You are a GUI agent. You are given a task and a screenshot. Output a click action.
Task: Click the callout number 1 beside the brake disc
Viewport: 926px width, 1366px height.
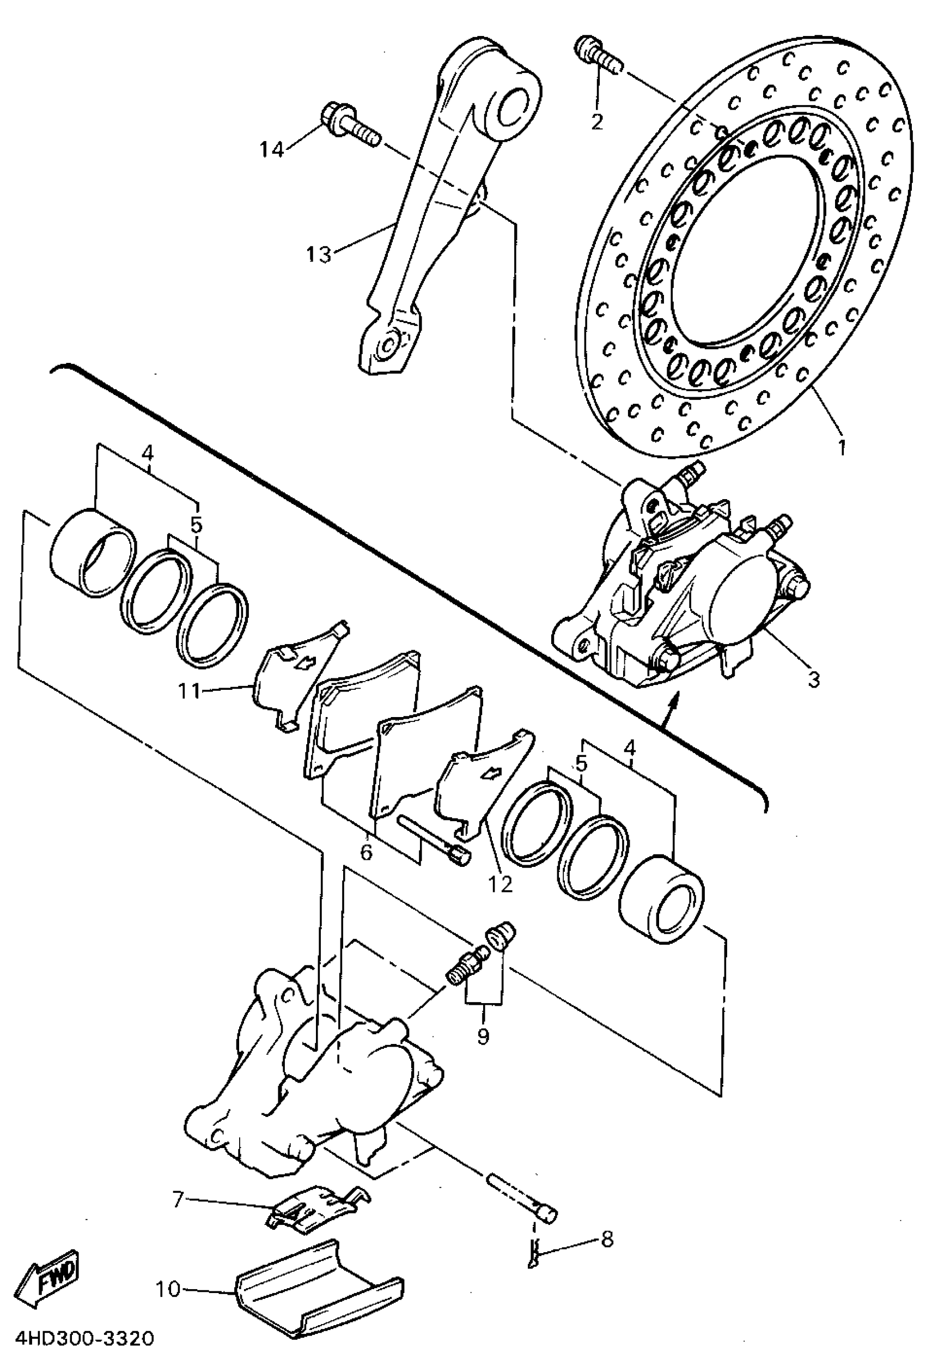[x=842, y=448]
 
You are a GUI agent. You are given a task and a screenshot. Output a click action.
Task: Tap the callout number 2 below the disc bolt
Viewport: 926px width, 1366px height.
[x=597, y=122]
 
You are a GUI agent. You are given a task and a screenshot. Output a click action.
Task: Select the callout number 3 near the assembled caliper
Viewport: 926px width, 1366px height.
[x=814, y=679]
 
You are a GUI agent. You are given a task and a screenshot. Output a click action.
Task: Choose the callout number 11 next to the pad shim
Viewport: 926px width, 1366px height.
[x=189, y=691]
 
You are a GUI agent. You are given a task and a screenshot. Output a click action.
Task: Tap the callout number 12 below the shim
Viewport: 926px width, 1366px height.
[x=501, y=883]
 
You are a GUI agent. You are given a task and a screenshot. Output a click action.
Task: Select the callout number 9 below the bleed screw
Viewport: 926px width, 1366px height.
[x=483, y=1036]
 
